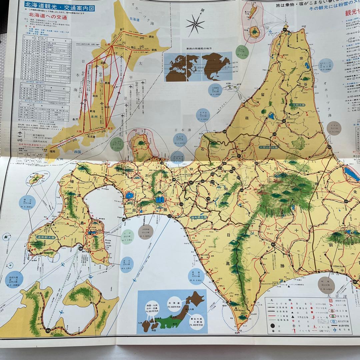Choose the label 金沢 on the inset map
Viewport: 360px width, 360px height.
(x=75, y=118)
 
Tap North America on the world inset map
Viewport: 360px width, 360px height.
(x=215, y=63)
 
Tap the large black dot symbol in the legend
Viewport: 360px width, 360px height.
(x=272, y=325)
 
